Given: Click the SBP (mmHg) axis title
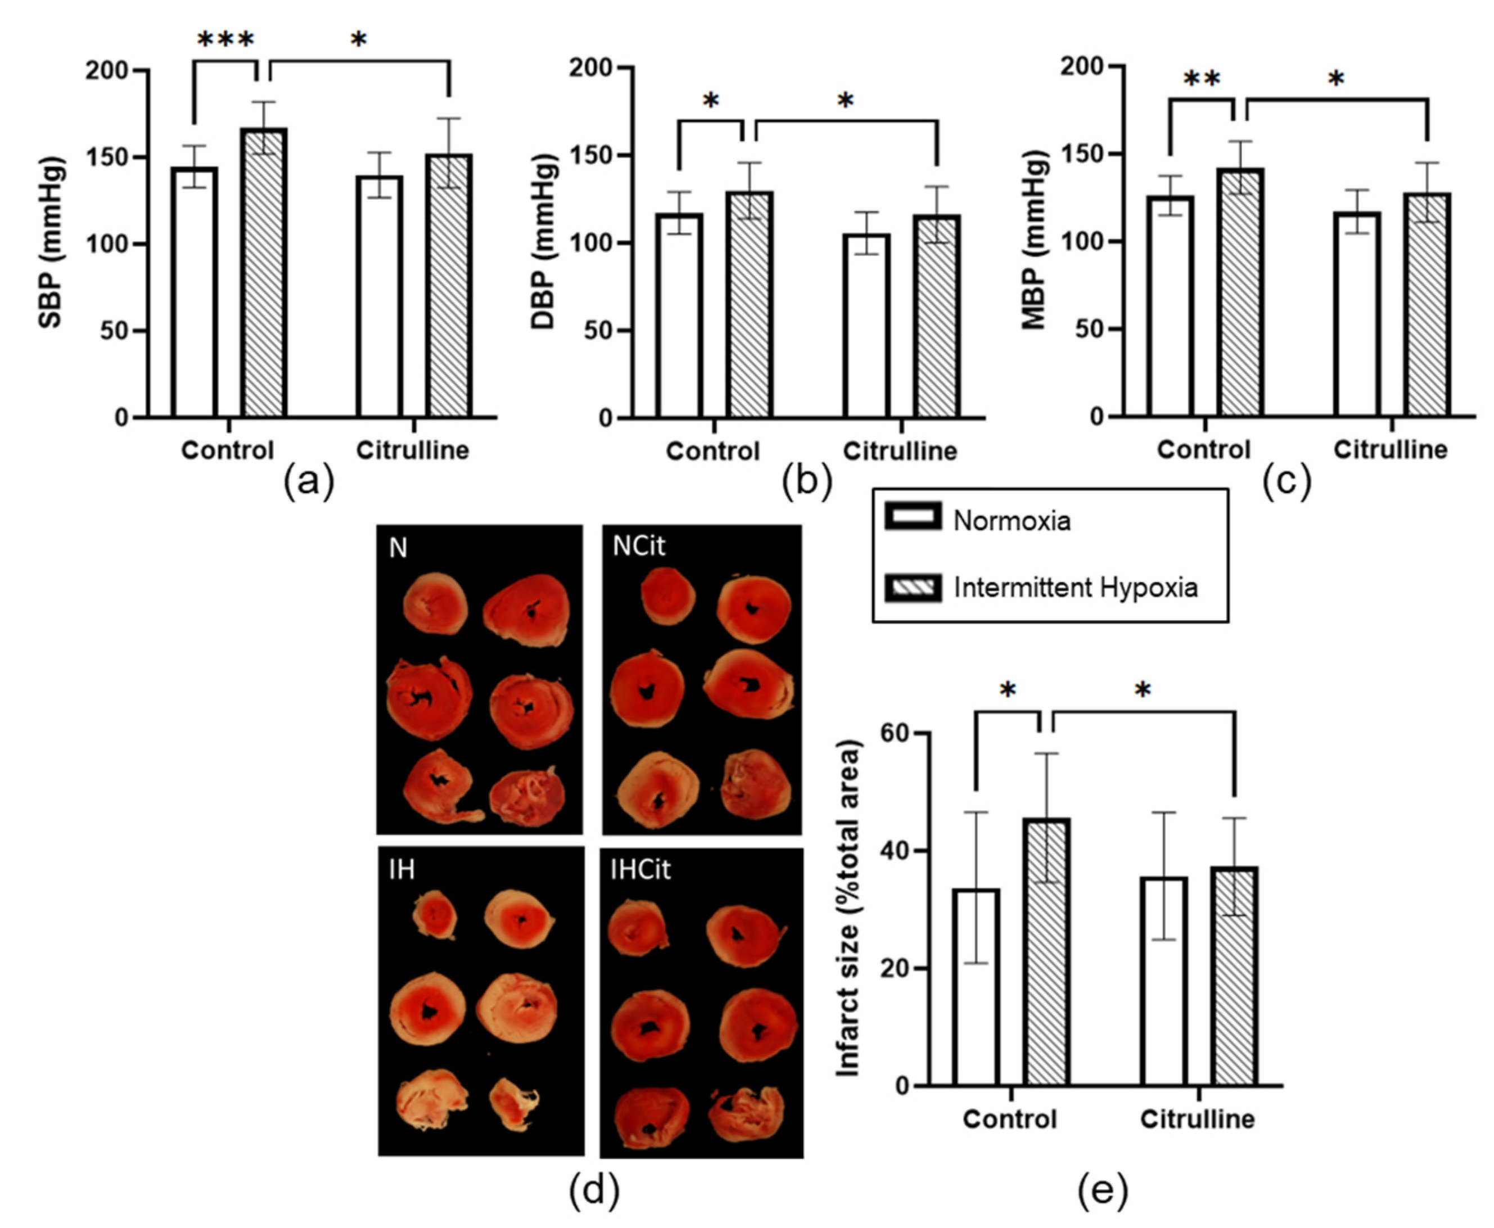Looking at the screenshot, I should (51, 243).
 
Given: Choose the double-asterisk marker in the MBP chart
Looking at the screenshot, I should (1202, 79).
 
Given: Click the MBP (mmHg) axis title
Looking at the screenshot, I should (1035, 241).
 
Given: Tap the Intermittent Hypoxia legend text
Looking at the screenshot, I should (1075, 588).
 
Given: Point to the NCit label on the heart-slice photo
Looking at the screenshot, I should (639, 546).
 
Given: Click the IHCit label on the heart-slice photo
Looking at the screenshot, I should (640, 869).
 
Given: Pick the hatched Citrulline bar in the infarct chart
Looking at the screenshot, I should (1234, 976).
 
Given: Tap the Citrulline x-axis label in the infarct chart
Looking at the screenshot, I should (1197, 1119).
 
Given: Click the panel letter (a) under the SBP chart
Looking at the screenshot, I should (309, 482).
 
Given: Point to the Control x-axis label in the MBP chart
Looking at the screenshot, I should (1203, 450).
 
